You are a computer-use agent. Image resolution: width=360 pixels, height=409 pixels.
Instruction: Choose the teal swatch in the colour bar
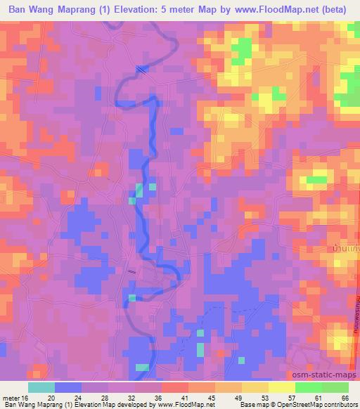[41, 387]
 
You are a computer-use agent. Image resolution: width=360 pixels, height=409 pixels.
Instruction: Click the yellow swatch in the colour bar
[281, 387]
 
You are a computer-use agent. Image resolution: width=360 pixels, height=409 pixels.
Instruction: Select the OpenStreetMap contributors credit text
[314, 405]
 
